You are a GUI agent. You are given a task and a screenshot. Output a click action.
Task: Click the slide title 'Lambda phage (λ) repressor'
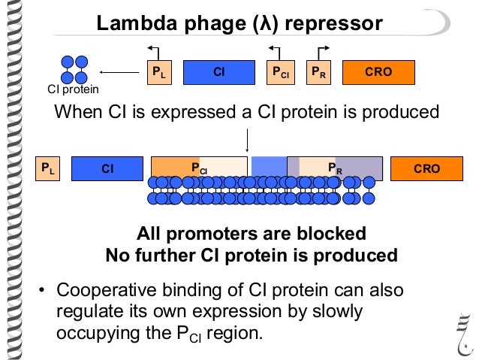(239, 23)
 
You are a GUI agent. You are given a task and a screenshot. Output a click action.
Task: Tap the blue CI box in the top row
(219, 72)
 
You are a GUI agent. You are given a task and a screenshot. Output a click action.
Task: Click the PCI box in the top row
(282, 72)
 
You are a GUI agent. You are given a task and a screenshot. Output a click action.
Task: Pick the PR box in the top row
(318, 72)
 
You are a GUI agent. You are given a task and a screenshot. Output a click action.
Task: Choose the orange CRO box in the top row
(378, 72)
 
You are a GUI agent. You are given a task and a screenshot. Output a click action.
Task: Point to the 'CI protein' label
(74, 90)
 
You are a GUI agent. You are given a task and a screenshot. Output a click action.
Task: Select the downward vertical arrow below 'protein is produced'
(248, 140)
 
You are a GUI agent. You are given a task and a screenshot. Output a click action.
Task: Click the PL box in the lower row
(48, 169)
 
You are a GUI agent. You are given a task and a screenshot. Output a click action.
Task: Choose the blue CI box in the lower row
(107, 169)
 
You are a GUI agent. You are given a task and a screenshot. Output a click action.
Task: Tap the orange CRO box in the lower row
(426, 169)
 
